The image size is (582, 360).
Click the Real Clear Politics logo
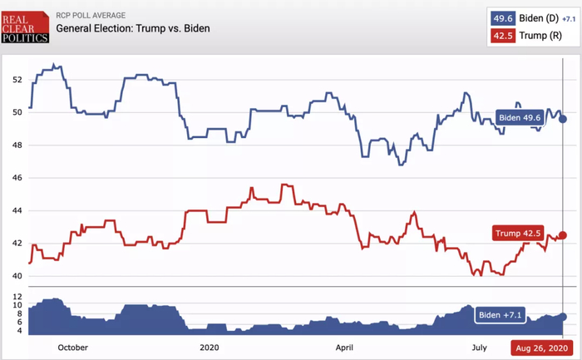pos(25,27)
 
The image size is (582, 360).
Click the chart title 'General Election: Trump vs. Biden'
pos(133,29)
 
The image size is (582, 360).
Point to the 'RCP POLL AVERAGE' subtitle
pos(91,15)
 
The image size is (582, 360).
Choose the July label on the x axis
pos(480,348)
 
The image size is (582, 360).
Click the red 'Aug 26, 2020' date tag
pos(542,348)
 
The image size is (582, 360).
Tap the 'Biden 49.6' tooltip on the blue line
pos(520,118)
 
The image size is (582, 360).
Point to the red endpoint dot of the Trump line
pos(563,234)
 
